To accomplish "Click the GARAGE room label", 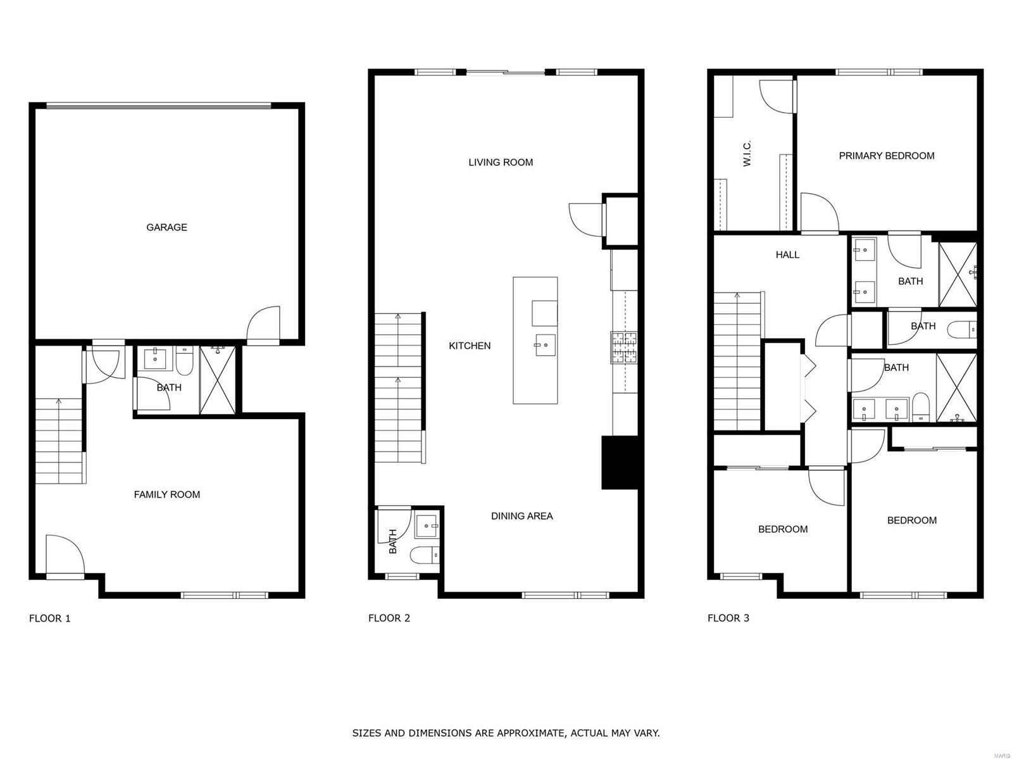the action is coord(166,227).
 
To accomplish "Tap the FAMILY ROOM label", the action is coord(167,495).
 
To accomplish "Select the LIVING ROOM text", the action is coord(501,162).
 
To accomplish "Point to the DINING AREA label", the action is coord(522,516).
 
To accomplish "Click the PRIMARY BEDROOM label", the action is coord(887,156).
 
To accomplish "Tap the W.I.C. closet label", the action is coord(747,153).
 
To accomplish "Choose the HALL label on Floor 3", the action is coord(787,254).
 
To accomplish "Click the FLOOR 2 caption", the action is coord(389,618).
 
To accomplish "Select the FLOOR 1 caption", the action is coord(50,618).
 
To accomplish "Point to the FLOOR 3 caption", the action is coord(728,618).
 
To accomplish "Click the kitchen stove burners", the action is coord(624,348).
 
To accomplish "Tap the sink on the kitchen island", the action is coord(544,346).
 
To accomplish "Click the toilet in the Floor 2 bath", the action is coord(425,555).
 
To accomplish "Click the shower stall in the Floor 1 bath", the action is coord(218,380).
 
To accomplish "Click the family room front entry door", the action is coord(65,555).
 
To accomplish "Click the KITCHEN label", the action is coord(470,346).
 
